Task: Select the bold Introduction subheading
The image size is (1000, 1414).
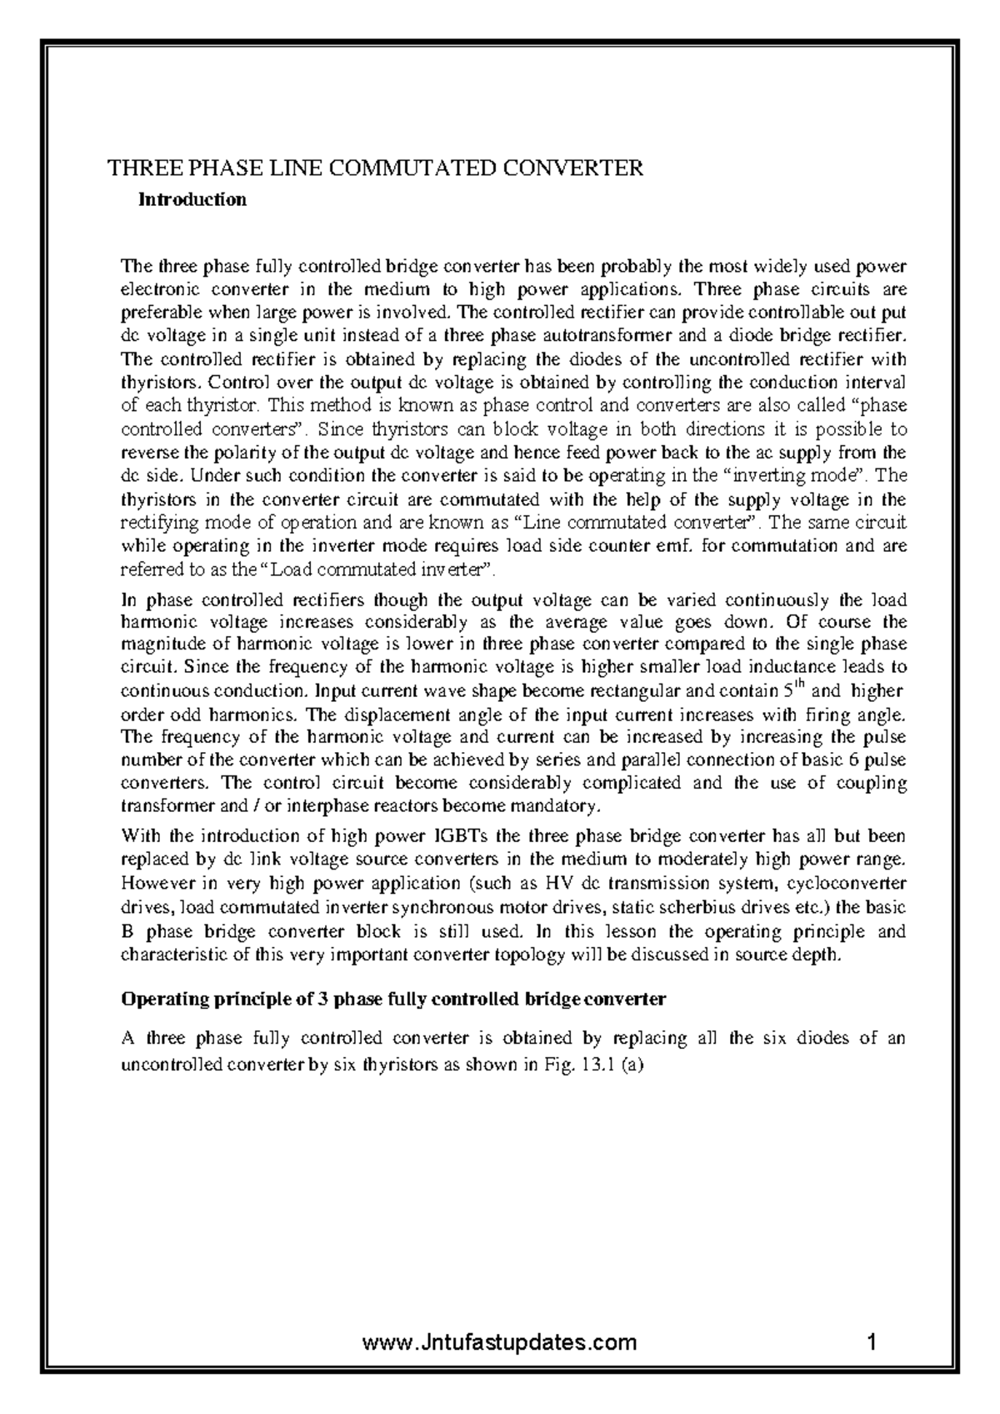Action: pyautogui.click(x=192, y=200)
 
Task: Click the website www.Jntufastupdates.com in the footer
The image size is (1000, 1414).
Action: pyautogui.click(x=500, y=1343)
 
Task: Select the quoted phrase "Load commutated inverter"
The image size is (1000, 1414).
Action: pyautogui.click(x=379, y=570)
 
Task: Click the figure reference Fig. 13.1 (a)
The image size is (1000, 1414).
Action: pyautogui.click(x=595, y=1065)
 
